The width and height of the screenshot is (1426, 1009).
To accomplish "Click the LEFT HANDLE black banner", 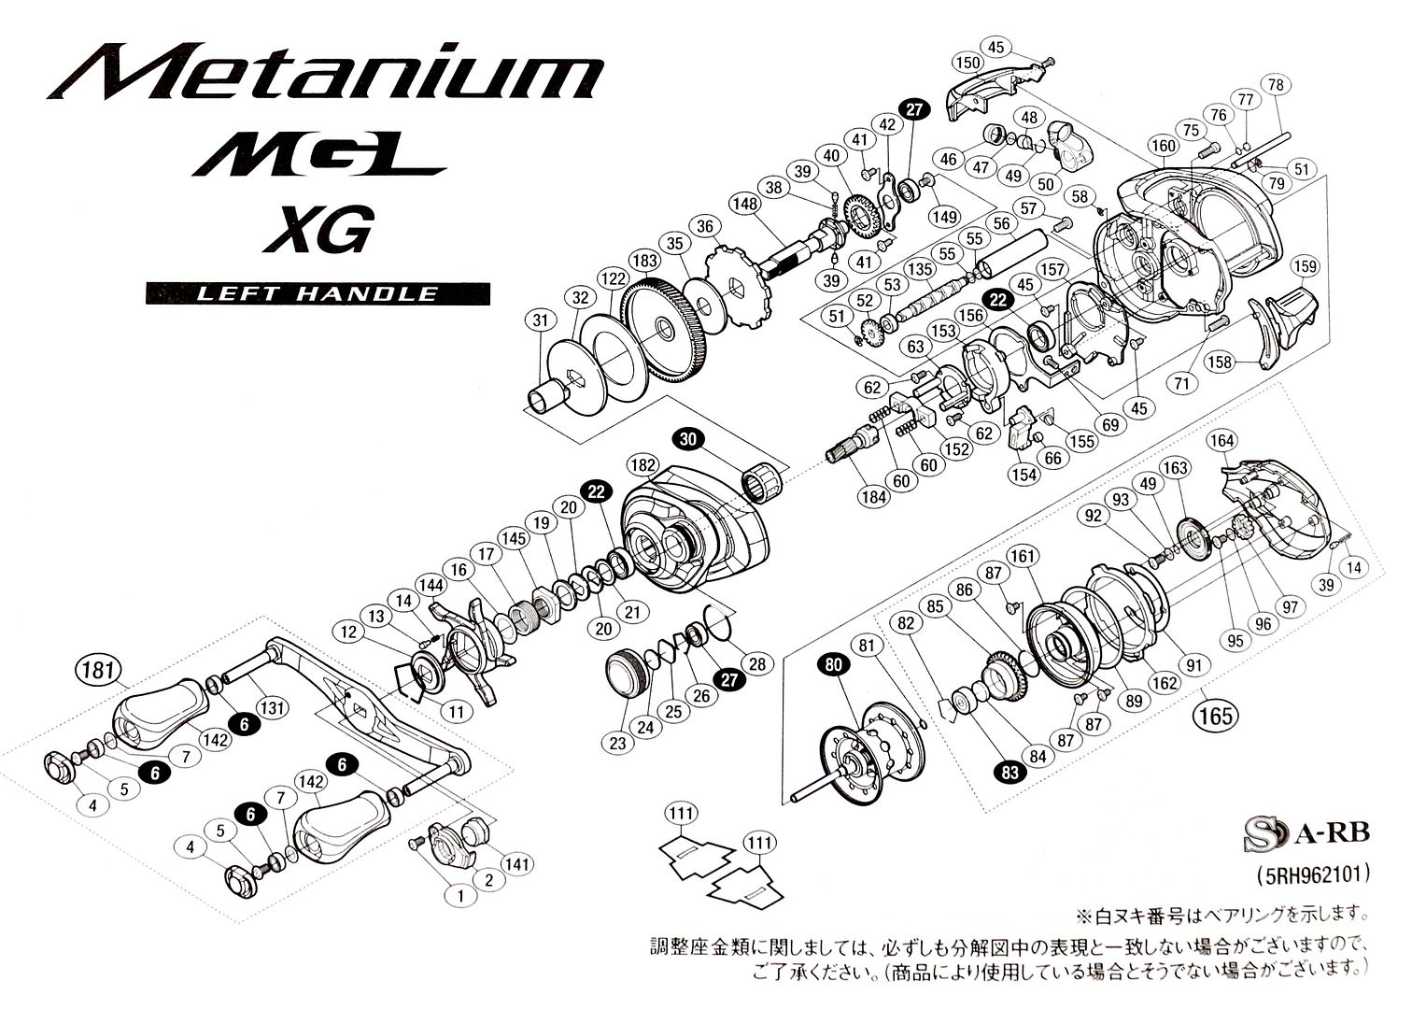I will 318,293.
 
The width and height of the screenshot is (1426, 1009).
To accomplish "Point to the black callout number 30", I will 688,439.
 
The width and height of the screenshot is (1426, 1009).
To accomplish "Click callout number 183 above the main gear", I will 645,261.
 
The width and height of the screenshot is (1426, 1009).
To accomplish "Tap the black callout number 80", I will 833,664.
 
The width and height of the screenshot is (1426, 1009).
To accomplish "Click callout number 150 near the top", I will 967,64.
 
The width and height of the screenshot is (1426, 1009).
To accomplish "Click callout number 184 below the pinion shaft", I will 875,498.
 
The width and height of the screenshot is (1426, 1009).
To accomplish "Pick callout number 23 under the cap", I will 617,744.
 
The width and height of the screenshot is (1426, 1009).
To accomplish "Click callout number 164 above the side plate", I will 1221,440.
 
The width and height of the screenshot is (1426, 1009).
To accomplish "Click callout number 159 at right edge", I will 1306,267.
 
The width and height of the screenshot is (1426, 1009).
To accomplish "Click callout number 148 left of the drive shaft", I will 744,203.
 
